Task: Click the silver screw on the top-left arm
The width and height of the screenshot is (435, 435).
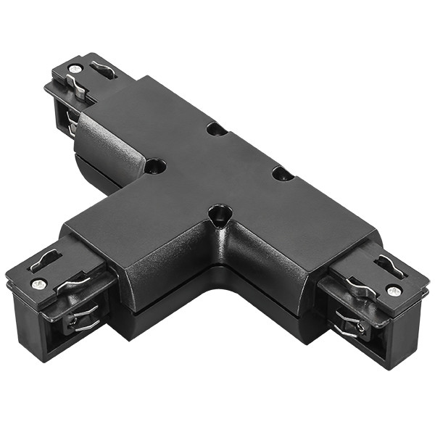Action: tap(75, 68)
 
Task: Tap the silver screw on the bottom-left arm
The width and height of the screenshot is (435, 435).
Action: tap(40, 283)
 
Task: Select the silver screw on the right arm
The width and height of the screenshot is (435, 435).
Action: tap(394, 291)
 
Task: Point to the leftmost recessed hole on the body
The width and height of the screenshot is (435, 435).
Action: tap(154, 166)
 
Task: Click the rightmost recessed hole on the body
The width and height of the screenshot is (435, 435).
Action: tap(283, 173)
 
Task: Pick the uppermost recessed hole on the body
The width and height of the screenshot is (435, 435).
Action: tap(215, 130)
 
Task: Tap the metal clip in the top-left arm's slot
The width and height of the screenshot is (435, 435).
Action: tap(104, 70)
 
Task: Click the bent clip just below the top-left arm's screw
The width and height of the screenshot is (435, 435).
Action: tap(78, 88)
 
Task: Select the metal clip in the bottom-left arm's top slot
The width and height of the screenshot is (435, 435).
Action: tap(45, 259)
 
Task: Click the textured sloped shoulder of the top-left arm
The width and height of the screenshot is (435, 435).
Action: tap(109, 145)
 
